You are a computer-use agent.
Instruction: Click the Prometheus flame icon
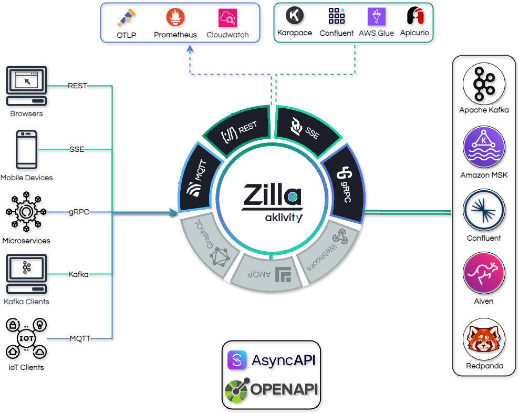(175, 18)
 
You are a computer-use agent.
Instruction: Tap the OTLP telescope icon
(126, 18)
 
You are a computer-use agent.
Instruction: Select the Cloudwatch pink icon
(227, 18)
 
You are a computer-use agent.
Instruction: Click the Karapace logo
(294, 15)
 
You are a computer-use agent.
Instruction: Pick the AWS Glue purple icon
(376, 16)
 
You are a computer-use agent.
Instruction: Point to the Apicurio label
(414, 33)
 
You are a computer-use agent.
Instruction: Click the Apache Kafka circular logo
(484, 84)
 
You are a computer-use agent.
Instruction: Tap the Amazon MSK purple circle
(484, 148)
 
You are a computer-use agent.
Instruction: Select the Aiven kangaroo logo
(484, 274)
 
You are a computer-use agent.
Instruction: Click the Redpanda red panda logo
(484, 338)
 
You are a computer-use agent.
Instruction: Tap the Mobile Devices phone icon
(26, 149)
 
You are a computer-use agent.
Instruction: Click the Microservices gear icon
(26, 212)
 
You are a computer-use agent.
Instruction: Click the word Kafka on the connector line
(78, 274)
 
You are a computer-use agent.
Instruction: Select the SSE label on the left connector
(77, 150)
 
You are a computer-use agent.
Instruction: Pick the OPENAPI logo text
(284, 389)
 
